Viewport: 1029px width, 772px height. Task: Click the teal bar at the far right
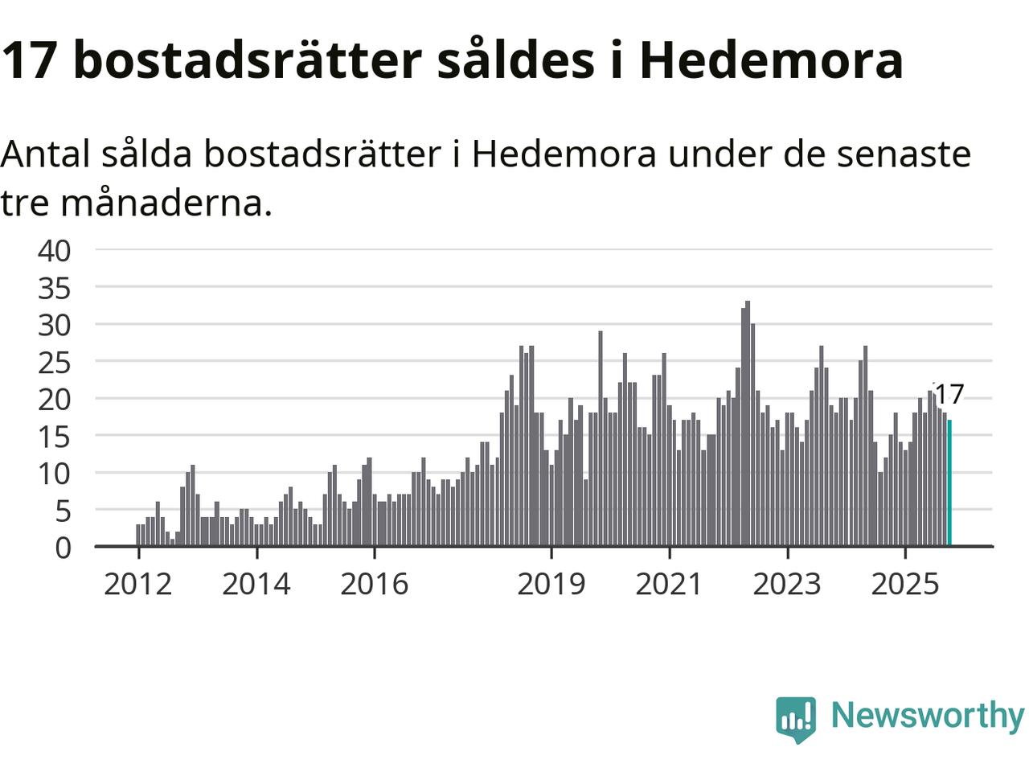(949, 483)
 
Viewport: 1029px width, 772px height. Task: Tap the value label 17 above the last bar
(949, 395)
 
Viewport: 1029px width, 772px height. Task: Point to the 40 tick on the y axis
(55, 250)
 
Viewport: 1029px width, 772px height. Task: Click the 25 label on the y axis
(55, 362)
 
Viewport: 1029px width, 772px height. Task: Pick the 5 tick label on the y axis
(63, 511)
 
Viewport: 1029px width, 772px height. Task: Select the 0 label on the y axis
(63, 548)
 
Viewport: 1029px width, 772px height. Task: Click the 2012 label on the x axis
(138, 584)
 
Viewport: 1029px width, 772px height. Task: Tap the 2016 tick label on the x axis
(375, 584)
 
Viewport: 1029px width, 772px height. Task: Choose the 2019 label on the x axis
(551, 584)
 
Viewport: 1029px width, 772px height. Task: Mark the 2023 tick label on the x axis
(787, 584)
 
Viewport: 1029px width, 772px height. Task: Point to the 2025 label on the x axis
(905, 584)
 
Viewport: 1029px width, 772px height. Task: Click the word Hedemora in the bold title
(771, 60)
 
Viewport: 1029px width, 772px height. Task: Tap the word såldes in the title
(515, 60)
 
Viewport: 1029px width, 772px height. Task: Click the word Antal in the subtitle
(45, 154)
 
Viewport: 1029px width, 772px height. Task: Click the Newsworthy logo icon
(796, 718)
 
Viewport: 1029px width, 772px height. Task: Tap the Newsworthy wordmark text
(928, 715)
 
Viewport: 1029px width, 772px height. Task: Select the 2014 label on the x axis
(256, 584)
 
